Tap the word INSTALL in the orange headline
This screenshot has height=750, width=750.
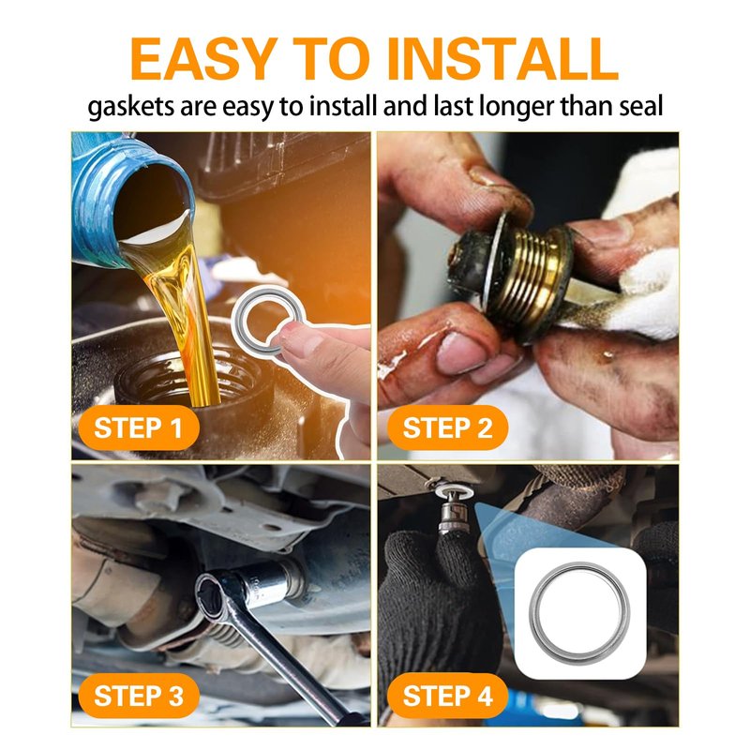(502, 59)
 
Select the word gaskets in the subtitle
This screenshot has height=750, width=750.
(131, 107)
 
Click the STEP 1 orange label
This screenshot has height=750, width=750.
(138, 427)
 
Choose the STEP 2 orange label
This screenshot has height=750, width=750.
(447, 427)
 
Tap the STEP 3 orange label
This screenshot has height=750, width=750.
(138, 696)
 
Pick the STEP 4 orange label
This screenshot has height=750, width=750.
(447, 696)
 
